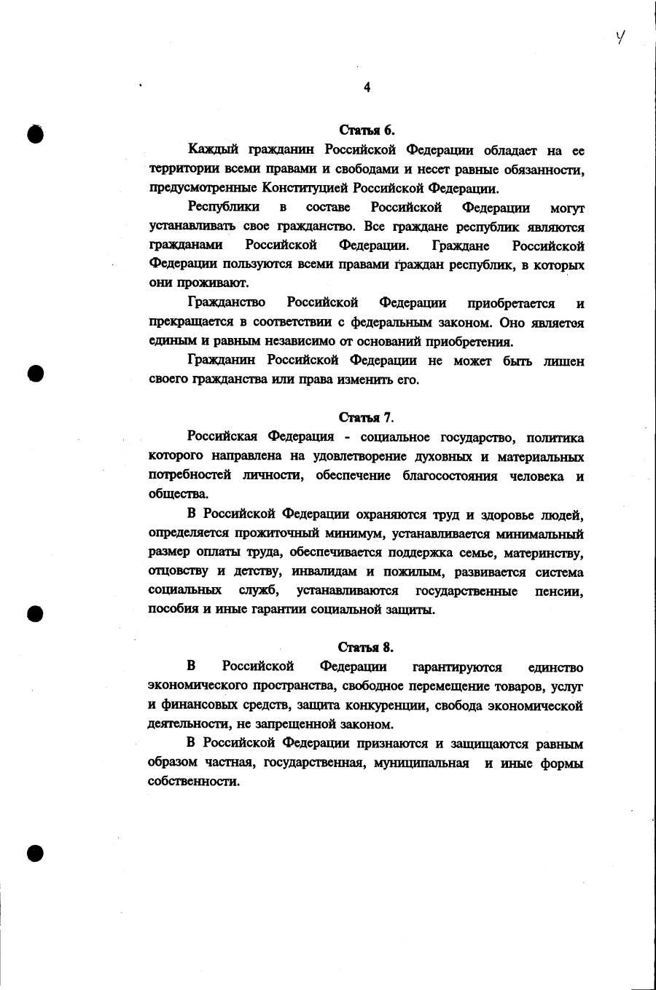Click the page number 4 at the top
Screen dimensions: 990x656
[x=367, y=87]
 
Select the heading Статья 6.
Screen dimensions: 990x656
[x=367, y=130]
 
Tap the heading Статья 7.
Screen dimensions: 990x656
[x=366, y=417]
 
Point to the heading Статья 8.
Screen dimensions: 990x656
[x=366, y=647]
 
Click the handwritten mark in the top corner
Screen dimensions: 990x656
[x=621, y=36]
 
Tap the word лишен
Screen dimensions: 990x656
[x=563, y=361]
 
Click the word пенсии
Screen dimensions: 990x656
[x=559, y=591]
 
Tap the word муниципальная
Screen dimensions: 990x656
[x=421, y=763]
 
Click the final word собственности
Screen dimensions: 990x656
[x=193, y=782]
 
